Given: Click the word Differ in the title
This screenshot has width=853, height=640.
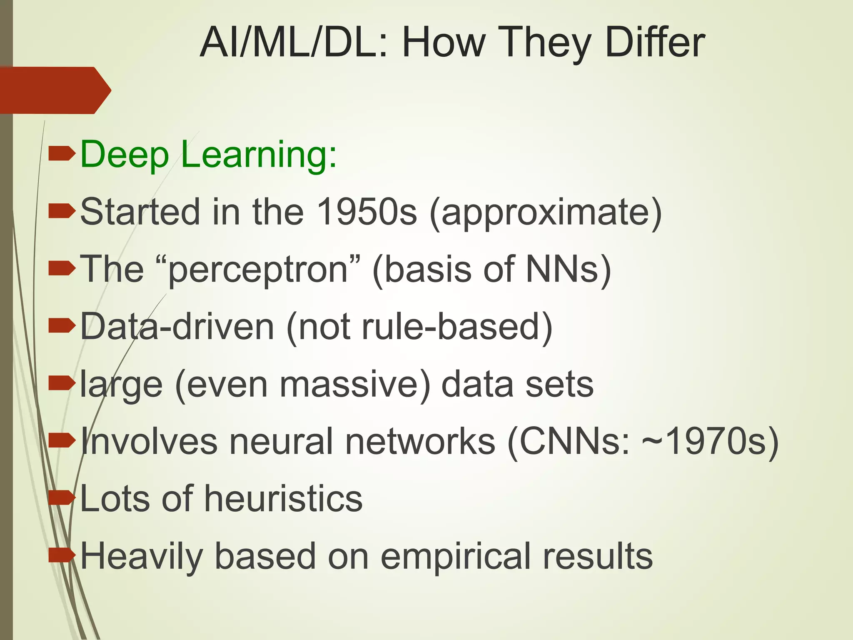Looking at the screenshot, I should [x=655, y=42].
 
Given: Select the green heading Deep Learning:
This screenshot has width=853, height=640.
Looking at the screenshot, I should [x=208, y=154].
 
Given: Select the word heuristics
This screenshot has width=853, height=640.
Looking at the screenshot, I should [x=283, y=498].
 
